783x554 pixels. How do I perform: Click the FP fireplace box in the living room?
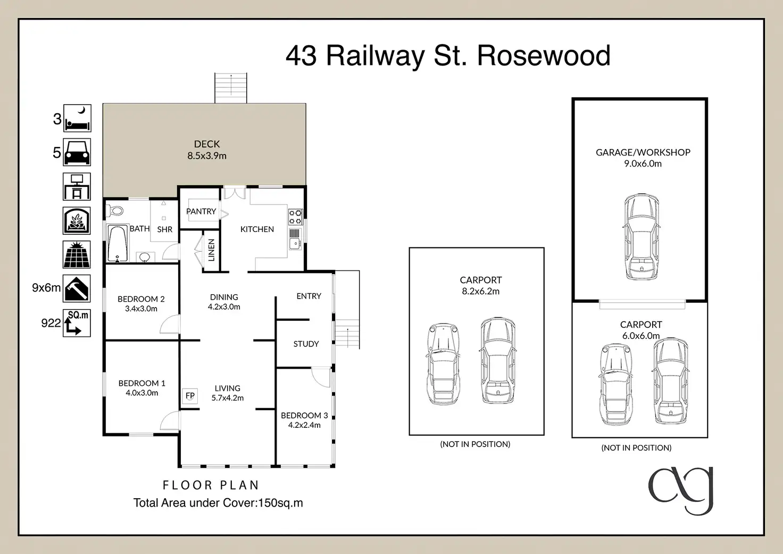click(x=190, y=396)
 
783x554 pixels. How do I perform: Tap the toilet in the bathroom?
click(x=115, y=211)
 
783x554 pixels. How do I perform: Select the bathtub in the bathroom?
click(x=118, y=244)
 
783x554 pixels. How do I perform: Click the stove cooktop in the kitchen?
click(x=295, y=217)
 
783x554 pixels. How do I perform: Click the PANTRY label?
click(x=201, y=211)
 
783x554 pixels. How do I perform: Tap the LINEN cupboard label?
click(x=211, y=250)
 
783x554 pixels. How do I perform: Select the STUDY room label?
click(x=306, y=344)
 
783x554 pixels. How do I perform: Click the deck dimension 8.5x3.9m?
click(x=207, y=156)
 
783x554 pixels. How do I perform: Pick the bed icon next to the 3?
click(x=77, y=118)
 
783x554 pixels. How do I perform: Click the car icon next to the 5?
click(x=77, y=152)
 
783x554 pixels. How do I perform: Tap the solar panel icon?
click(x=77, y=254)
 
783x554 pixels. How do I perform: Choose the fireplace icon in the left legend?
click(x=77, y=220)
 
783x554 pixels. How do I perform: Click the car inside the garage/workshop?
click(x=642, y=237)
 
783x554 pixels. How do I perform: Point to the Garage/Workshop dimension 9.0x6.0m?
click(x=643, y=164)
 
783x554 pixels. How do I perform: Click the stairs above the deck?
click(x=231, y=88)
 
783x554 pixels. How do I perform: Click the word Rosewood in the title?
click(x=544, y=55)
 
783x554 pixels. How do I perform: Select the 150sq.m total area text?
click(x=280, y=503)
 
